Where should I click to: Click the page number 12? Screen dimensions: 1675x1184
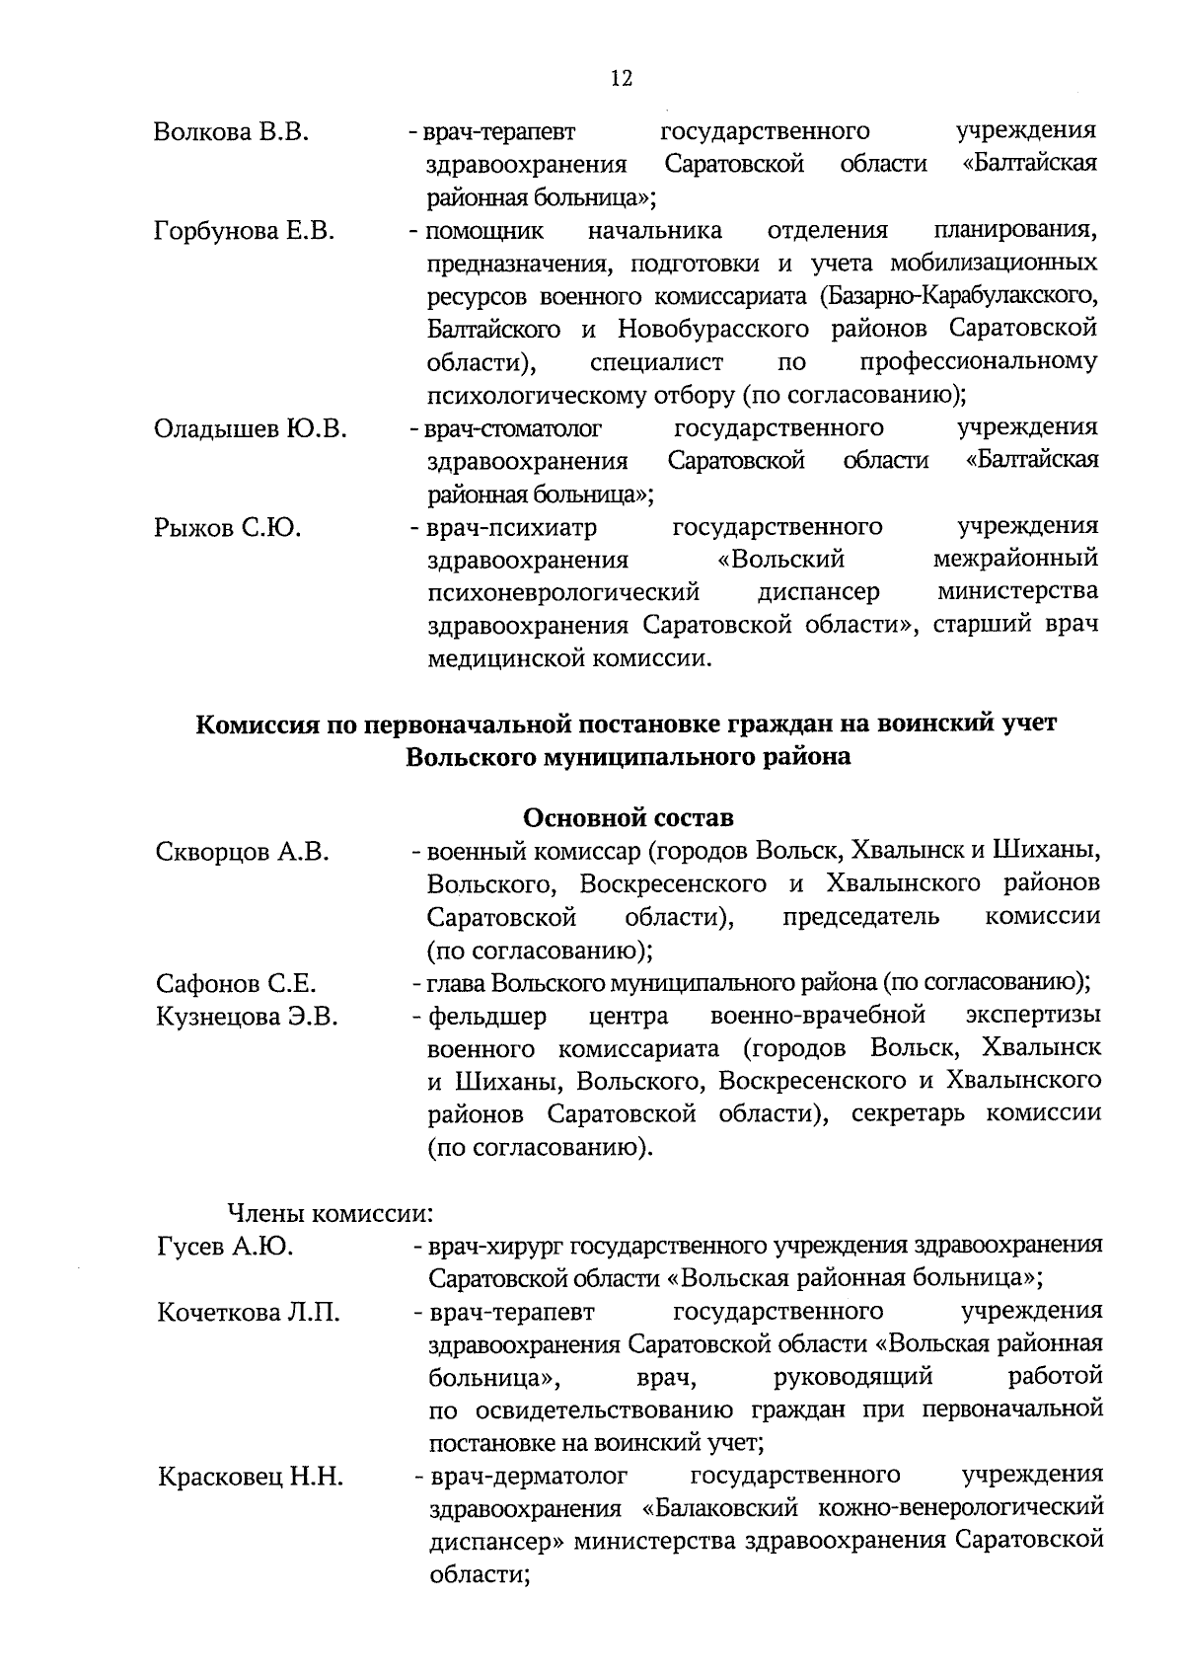pyautogui.click(x=621, y=80)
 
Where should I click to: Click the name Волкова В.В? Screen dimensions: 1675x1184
pyautogui.click(x=232, y=132)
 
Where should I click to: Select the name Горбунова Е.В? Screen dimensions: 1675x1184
pyautogui.click(x=245, y=231)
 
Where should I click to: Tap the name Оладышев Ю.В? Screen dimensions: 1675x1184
pyautogui.click(x=251, y=428)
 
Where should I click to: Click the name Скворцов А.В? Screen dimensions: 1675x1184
pyautogui.click(x=243, y=852)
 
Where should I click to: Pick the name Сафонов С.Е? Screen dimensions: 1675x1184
pyautogui.click(x=236, y=984)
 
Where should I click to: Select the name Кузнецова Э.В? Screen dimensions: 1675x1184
pyautogui.click(x=247, y=1017)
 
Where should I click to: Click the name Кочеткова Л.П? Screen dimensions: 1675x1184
pyautogui.click(x=249, y=1313)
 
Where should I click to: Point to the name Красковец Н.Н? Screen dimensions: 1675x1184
pyautogui.click(x=251, y=1478)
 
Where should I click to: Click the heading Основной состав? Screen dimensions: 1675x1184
pyautogui.click(x=628, y=818)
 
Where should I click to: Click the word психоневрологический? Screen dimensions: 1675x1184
pyautogui.click(x=563, y=593)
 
